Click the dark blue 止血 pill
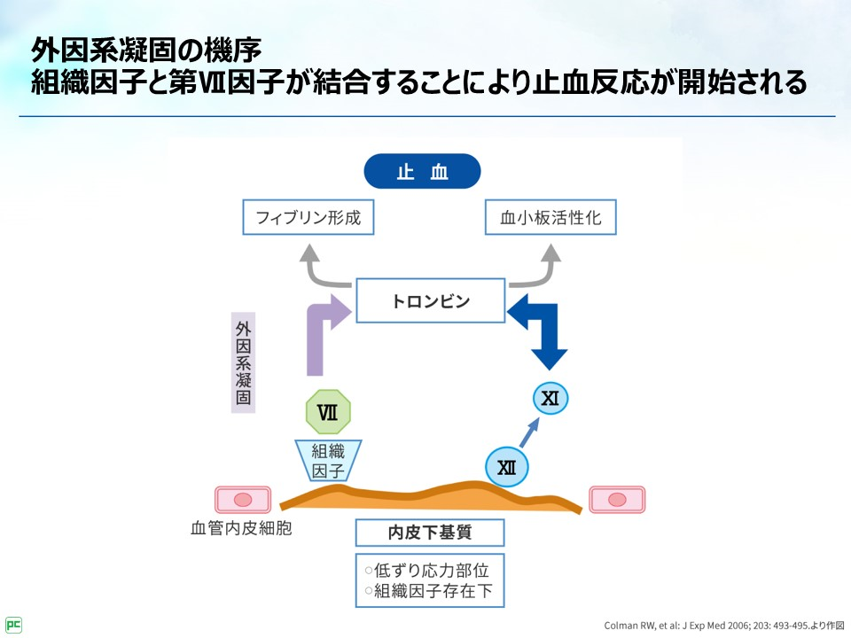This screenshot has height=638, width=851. (x=422, y=171)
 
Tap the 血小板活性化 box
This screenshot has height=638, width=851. (x=550, y=217)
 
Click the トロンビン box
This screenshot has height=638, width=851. (x=431, y=301)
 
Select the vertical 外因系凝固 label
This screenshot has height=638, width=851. (x=243, y=362)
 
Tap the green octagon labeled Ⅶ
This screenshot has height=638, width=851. (x=328, y=412)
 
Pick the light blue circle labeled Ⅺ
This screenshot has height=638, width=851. (x=550, y=399)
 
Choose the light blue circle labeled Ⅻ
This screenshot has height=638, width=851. (x=507, y=466)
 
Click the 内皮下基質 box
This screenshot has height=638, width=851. (x=430, y=533)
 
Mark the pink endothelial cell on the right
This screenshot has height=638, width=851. (x=617, y=499)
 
